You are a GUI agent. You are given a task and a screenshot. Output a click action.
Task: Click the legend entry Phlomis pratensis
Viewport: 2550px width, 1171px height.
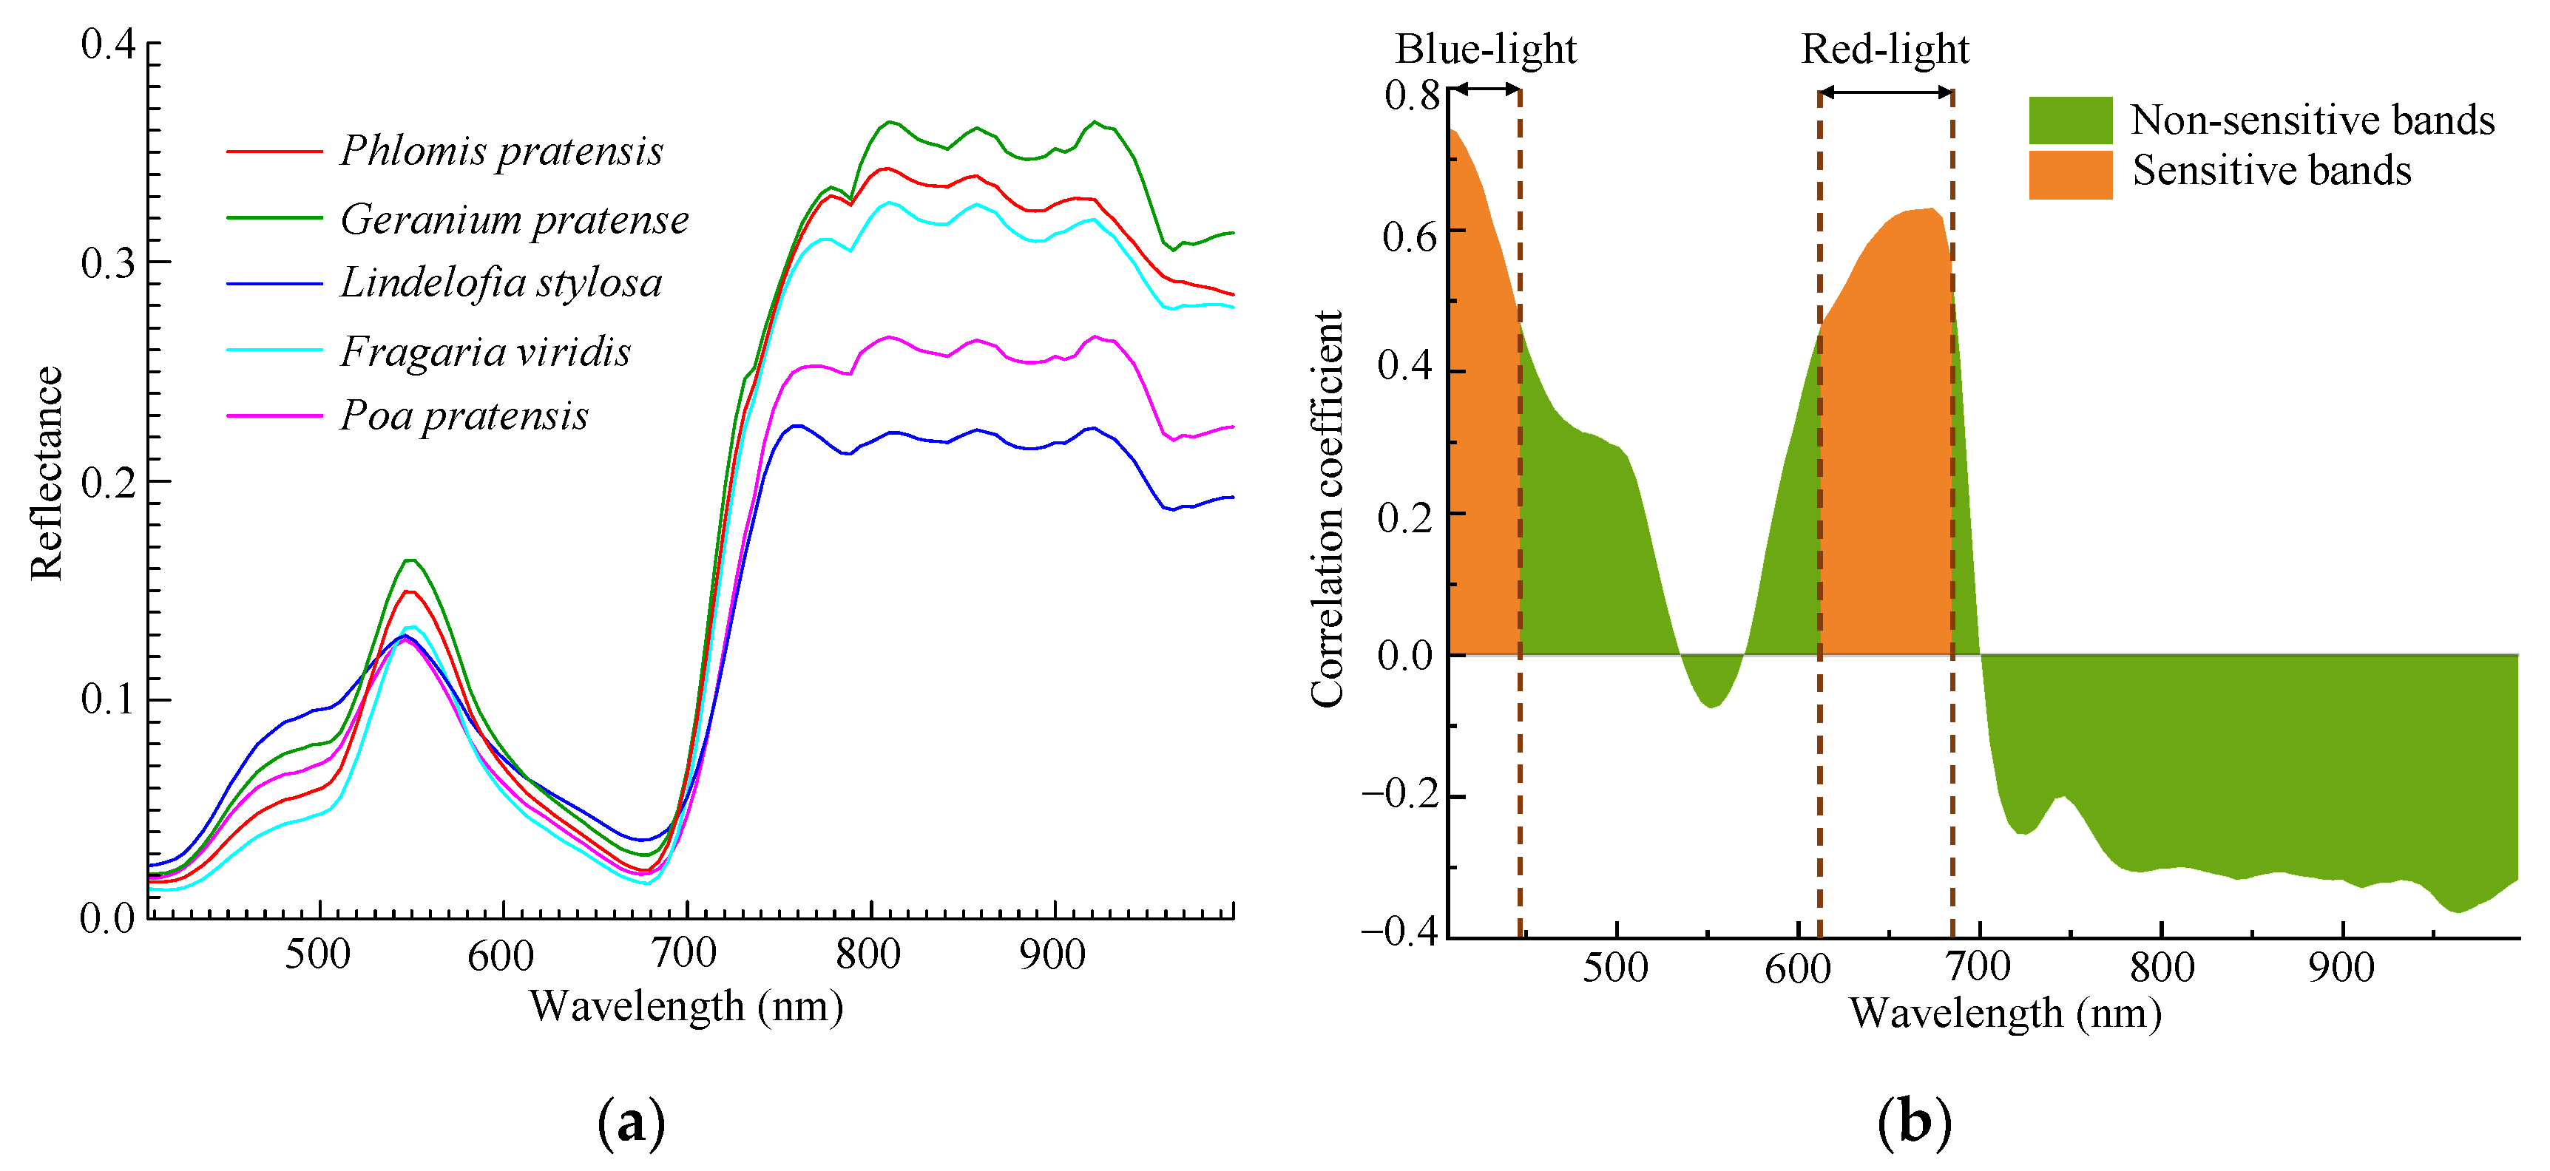point(501,152)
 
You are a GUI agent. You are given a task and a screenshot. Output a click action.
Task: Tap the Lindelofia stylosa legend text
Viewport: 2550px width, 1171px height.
point(501,283)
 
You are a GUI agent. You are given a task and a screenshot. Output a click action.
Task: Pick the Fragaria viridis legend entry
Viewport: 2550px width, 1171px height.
point(485,351)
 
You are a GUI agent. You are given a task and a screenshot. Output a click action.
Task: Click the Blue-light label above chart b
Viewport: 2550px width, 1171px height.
point(1485,49)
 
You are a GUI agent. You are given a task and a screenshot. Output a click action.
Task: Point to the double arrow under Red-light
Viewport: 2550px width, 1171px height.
point(1885,92)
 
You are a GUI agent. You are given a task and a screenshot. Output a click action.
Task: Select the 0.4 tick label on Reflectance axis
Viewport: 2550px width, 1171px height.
point(108,44)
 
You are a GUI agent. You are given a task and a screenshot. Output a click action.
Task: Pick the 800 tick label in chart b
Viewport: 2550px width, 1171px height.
point(2161,967)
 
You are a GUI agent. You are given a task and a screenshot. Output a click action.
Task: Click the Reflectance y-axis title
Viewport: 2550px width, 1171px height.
point(47,473)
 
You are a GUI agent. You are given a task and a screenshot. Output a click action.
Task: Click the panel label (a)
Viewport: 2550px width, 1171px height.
point(631,1124)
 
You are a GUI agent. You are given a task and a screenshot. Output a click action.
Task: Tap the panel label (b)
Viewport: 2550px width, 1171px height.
point(1913,1124)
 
